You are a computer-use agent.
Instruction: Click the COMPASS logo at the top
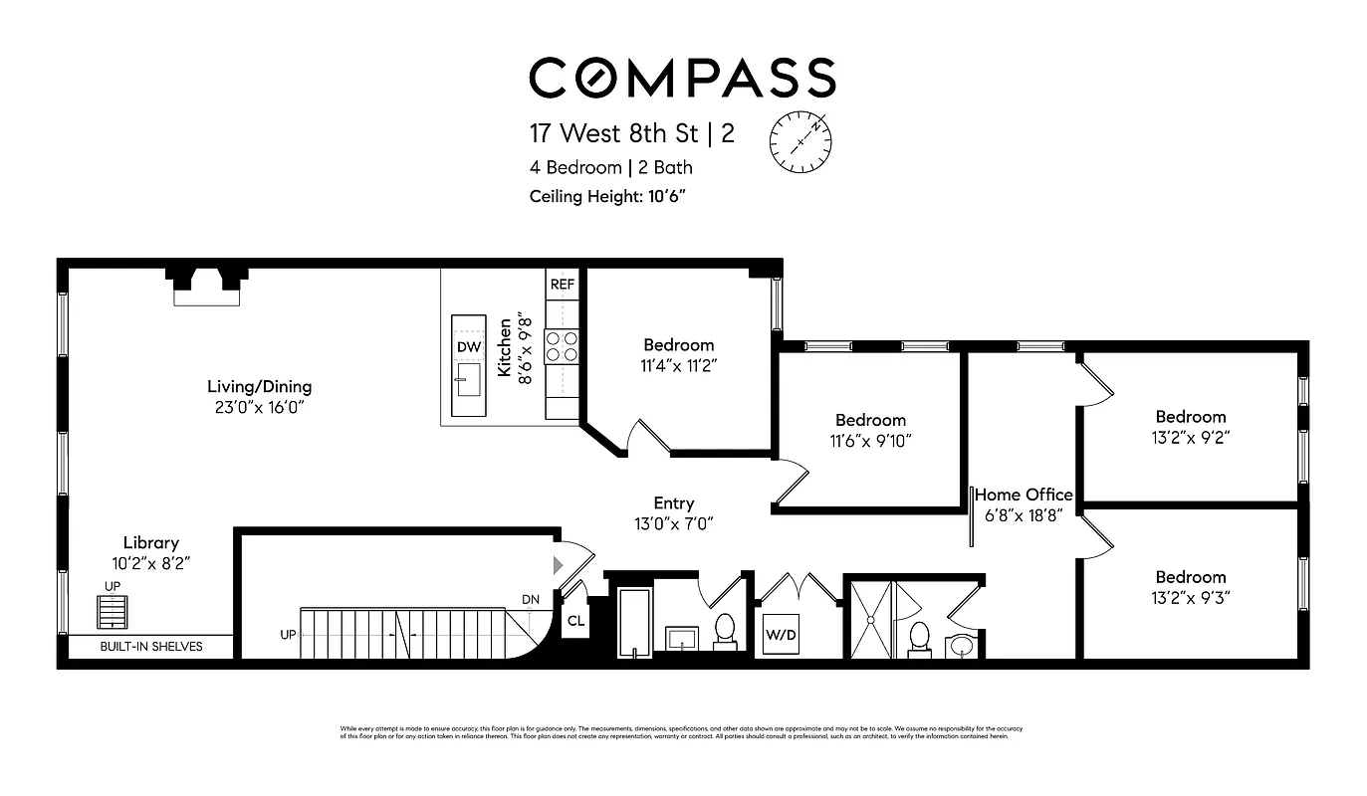pyautogui.click(x=682, y=78)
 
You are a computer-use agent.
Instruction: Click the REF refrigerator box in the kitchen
pyautogui.click(x=563, y=284)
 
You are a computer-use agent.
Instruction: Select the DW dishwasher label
pyautogui.click(x=469, y=347)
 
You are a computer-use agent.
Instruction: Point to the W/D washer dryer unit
pyautogui.click(x=780, y=633)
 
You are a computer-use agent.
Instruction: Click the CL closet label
pyautogui.click(x=575, y=621)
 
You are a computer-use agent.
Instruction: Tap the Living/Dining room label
pyautogui.click(x=259, y=386)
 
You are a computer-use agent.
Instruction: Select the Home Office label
pyautogui.click(x=1024, y=495)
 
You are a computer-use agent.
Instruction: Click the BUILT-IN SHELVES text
pyautogui.click(x=150, y=647)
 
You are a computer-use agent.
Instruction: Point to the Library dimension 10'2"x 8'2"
pyautogui.click(x=150, y=563)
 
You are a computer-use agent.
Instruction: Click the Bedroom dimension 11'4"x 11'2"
pyautogui.click(x=678, y=365)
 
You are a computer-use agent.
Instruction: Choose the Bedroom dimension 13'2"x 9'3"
pyautogui.click(x=1190, y=597)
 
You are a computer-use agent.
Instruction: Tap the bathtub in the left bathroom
pyautogui.click(x=634, y=622)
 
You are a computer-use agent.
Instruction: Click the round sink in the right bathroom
pyautogui.click(x=961, y=646)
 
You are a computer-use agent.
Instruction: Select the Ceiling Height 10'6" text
pyautogui.click(x=607, y=195)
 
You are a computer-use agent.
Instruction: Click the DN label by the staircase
pyautogui.click(x=531, y=599)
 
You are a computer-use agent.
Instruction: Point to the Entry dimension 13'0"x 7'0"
pyautogui.click(x=673, y=523)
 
